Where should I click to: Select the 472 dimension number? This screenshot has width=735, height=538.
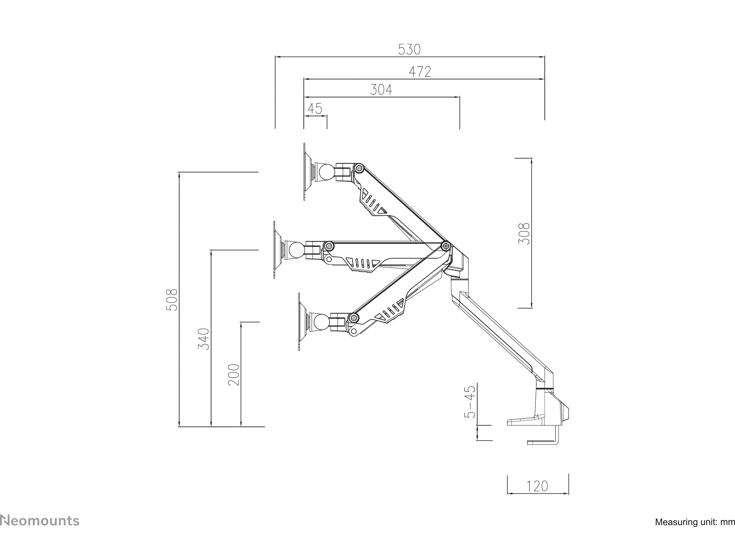(x=420, y=72)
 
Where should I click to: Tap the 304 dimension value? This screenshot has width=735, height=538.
(x=381, y=90)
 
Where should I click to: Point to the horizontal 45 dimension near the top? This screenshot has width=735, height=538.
(x=315, y=109)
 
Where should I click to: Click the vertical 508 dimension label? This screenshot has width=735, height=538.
(x=172, y=300)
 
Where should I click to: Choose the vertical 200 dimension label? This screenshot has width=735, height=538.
(x=234, y=375)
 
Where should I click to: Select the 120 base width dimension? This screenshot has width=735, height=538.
(x=537, y=486)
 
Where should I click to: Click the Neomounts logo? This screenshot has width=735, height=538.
(x=40, y=521)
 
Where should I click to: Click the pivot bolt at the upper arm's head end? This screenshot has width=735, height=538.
(x=359, y=168)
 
